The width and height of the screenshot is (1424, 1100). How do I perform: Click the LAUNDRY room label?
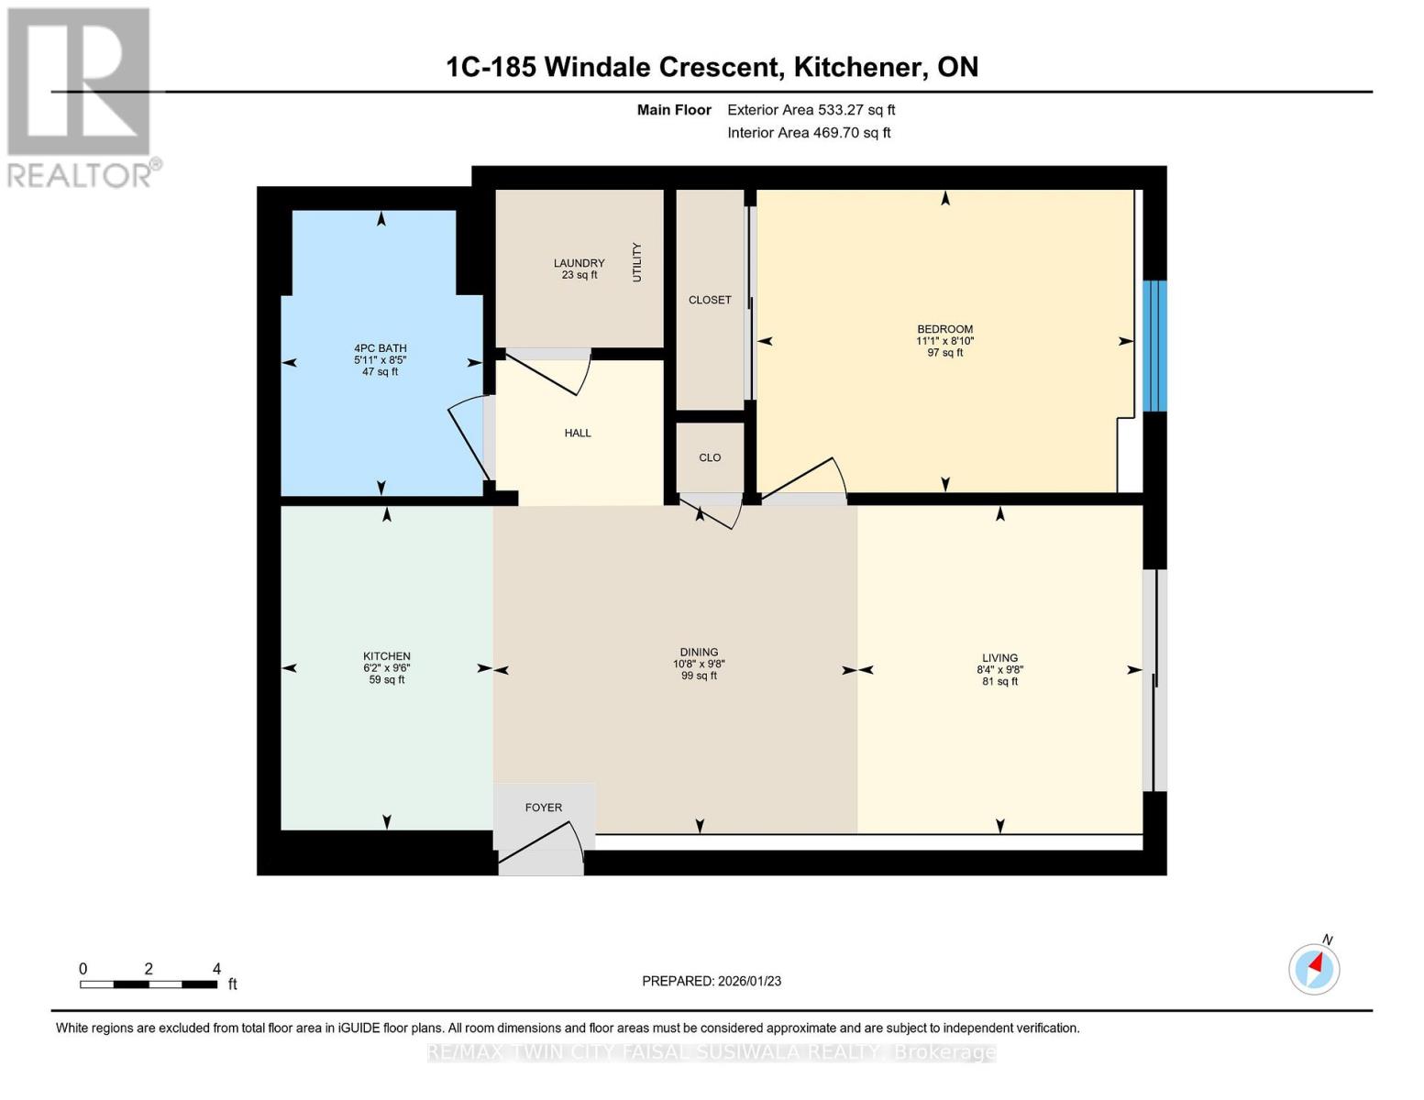point(579,263)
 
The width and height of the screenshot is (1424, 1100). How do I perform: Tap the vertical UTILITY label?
point(636,262)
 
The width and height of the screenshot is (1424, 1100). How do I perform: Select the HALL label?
point(578,433)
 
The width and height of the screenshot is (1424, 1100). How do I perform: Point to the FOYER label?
point(543,808)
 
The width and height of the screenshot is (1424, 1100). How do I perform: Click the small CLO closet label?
point(710,458)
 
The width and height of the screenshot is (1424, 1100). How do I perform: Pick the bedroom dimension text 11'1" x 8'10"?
point(945,341)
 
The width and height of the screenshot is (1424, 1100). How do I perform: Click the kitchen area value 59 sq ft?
point(387,679)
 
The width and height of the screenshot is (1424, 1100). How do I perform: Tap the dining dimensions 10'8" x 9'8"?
point(699,664)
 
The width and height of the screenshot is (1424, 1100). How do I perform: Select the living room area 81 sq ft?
point(1000,681)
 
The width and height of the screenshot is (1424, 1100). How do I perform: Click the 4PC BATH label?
point(381,348)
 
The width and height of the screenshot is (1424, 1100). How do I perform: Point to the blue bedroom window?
point(1154,346)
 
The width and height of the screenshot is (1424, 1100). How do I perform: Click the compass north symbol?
point(1314,969)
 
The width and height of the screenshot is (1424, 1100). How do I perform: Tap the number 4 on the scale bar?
point(217,968)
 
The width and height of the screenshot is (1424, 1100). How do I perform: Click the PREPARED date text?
point(712,981)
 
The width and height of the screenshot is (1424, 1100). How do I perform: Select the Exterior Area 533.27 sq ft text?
point(811,110)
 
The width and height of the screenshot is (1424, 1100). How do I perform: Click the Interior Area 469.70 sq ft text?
point(810,133)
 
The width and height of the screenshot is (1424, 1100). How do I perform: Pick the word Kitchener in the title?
point(855,67)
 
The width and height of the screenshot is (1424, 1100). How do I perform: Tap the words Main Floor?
point(674,110)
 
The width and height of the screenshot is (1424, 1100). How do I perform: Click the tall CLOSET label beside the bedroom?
point(710,300)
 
